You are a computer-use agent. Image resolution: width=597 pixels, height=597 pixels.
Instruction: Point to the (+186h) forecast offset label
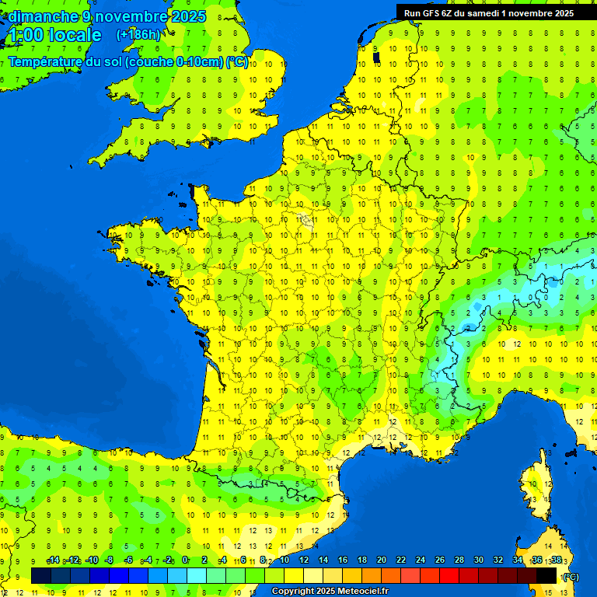(138, 35)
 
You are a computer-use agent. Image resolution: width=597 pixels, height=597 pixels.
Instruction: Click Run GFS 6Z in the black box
(431, 13)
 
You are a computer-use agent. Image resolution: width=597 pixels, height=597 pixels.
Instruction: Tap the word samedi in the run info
(488, 13)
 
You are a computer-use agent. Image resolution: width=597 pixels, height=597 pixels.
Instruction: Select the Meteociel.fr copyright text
(330, 592)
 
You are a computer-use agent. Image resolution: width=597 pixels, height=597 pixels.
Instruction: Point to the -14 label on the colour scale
(54, 560)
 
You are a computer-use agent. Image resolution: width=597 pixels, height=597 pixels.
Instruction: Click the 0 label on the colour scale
(185, 560)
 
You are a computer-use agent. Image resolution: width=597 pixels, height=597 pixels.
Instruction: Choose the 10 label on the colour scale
(284, 560)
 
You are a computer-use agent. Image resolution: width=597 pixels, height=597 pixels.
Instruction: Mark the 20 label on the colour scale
(382, 560)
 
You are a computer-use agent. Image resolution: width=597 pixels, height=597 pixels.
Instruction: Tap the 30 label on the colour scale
(479, 560)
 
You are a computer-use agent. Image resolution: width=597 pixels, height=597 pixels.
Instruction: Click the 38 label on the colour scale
(557, 560)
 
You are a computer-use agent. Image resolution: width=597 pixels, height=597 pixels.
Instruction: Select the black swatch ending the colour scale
(546, 575)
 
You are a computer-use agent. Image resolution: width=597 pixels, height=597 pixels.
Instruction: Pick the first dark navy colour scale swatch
(41, 575)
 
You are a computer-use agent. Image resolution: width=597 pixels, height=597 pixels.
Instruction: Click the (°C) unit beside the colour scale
(571, 577)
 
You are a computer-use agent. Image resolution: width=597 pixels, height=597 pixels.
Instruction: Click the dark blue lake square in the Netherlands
(377, 57)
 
